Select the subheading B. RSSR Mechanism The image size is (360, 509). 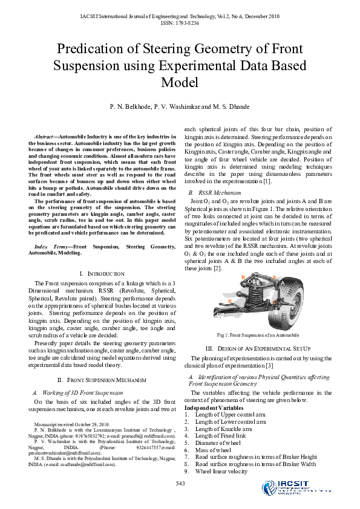[x=211, y=192]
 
